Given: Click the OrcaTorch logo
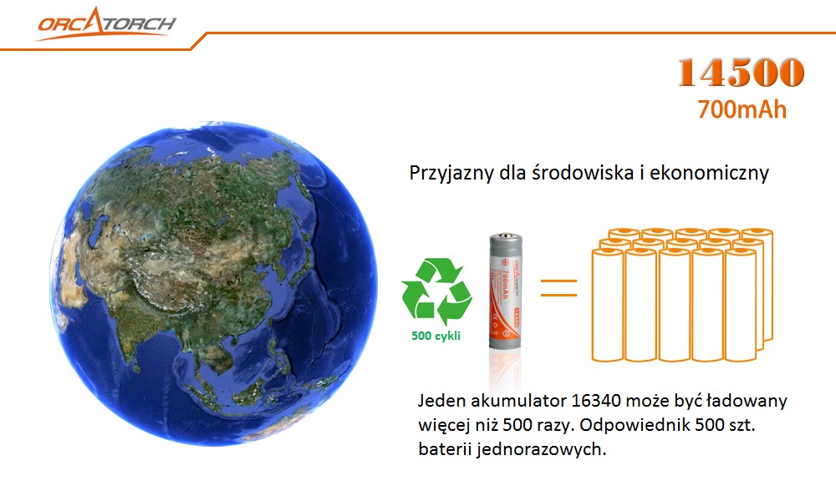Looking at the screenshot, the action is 107,24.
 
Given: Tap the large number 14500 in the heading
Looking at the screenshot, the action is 741,72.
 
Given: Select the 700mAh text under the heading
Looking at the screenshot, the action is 742,109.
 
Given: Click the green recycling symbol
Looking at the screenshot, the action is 436,291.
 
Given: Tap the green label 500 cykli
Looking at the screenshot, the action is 436,336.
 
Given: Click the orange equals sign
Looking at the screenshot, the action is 558,287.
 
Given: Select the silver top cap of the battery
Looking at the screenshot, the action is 506,238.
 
